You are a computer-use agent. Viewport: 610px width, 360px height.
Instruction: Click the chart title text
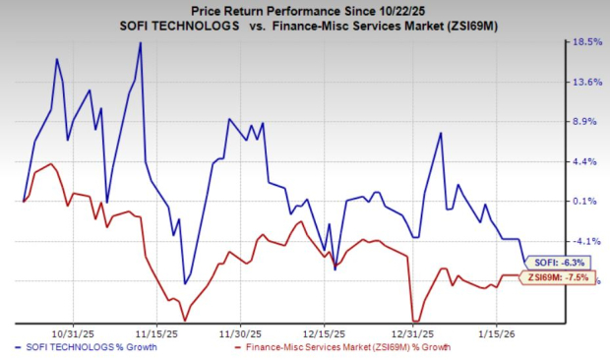(x=304, y=9)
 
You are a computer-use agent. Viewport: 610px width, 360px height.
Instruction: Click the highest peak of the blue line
(x=141, y=43)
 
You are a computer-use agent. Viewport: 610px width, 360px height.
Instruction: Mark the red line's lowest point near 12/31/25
(x=415, y=321)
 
